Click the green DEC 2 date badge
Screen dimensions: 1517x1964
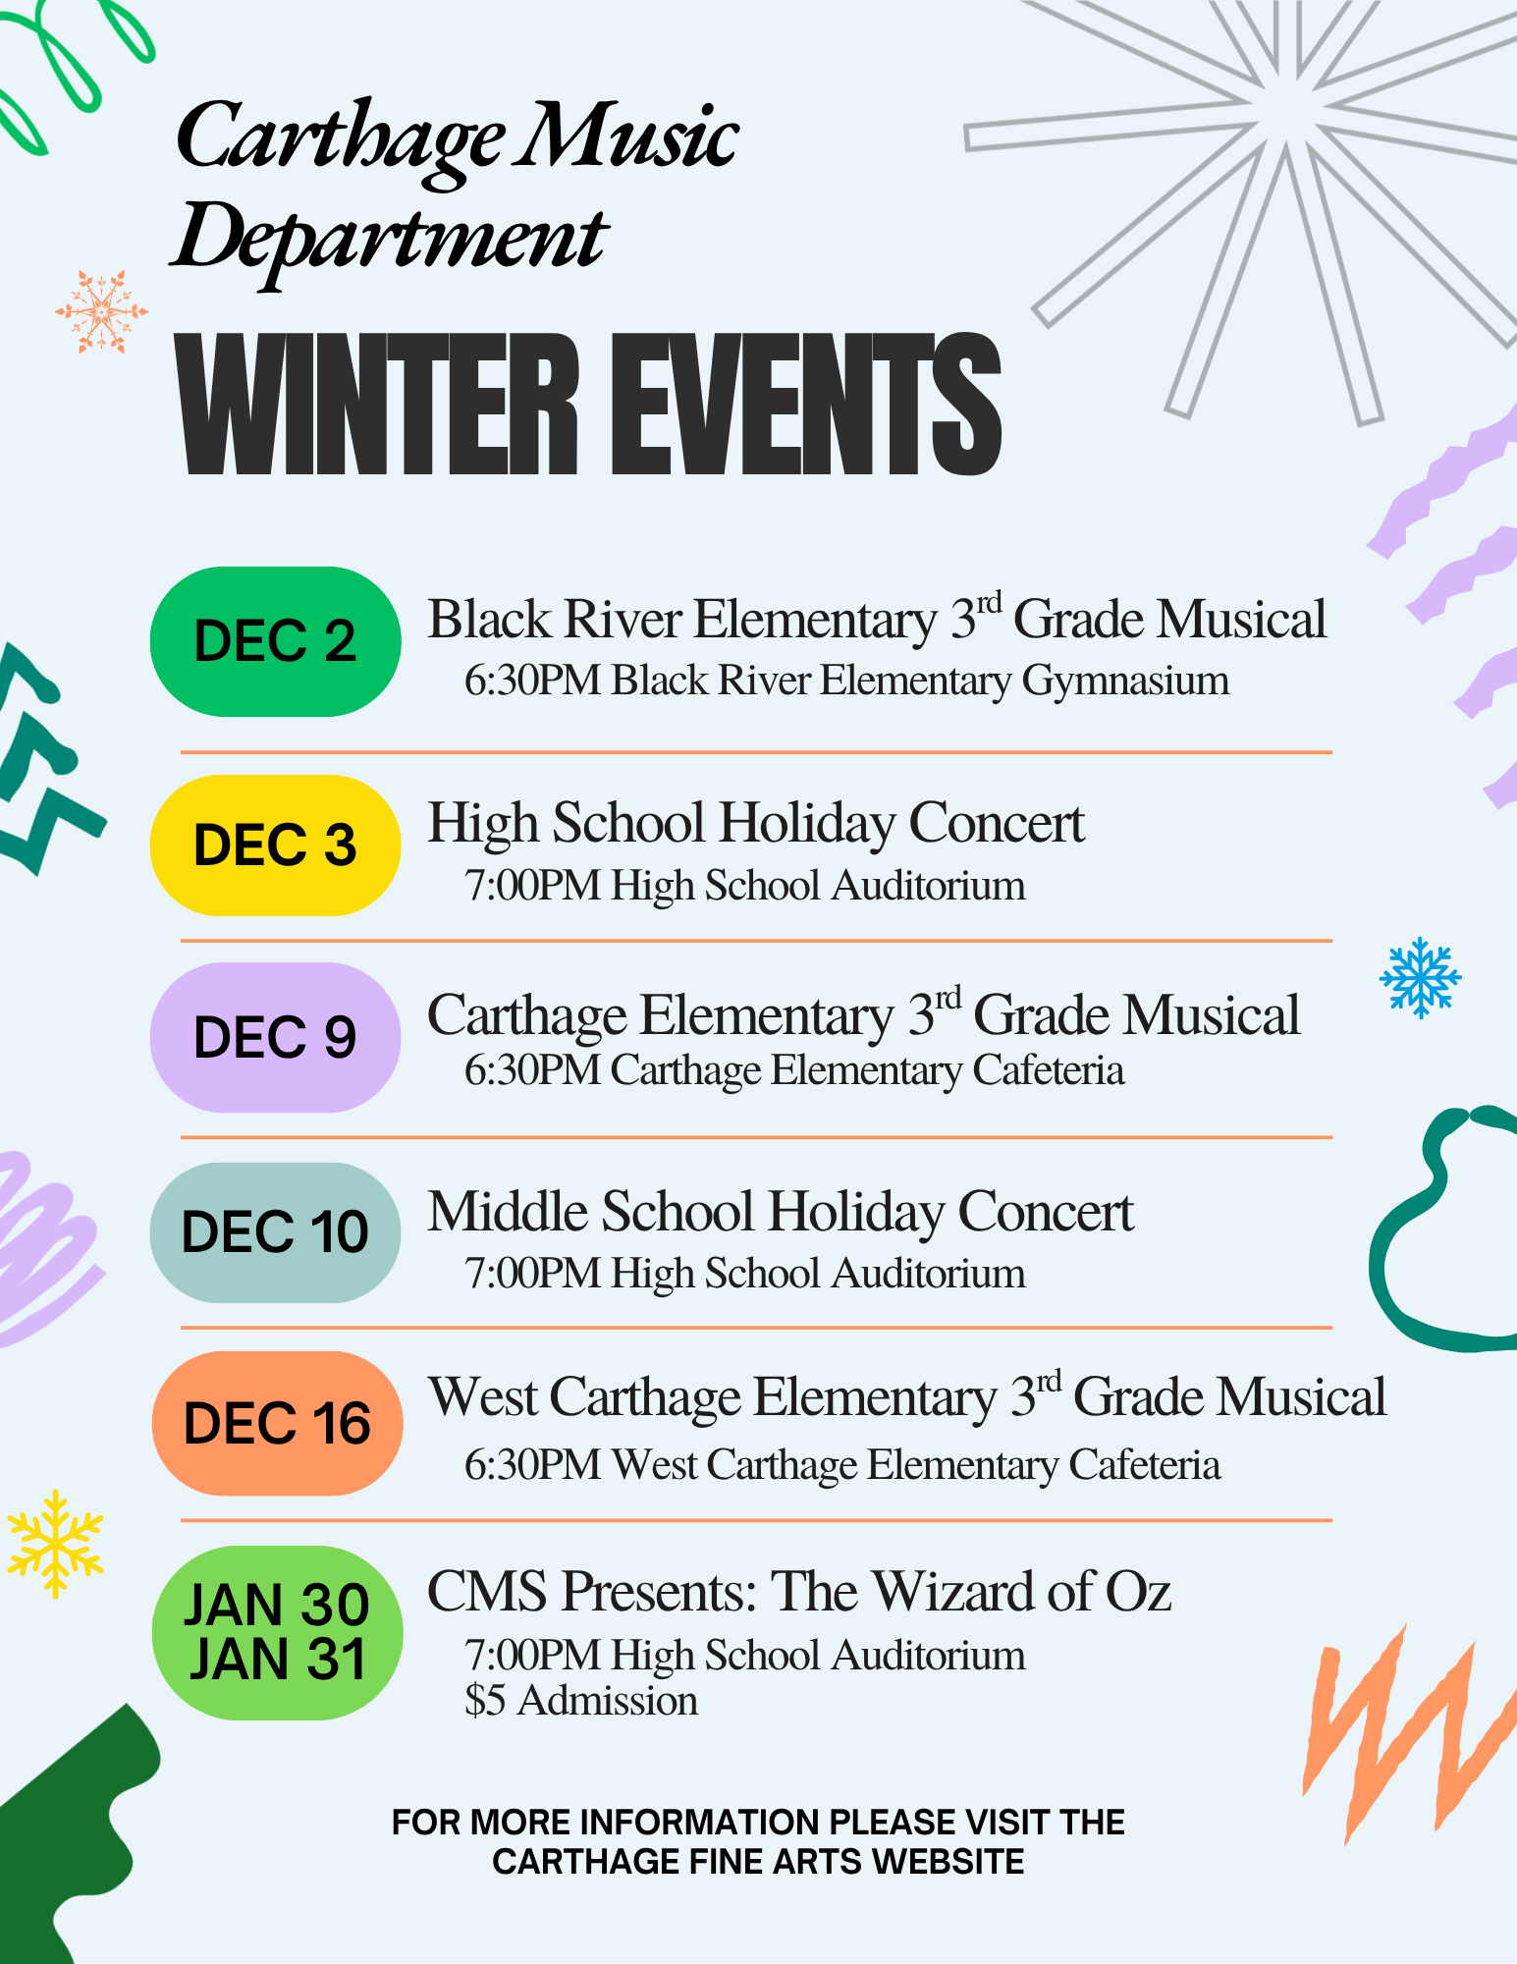click(x=275, y=641)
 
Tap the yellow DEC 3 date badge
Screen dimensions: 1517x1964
click(x=275, y=846)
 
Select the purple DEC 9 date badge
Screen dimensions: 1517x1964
click(x=275, y=1038)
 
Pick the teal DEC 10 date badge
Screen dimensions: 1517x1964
click(x=275, y=1232)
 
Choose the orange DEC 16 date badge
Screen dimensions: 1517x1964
click(x=277, y=1424)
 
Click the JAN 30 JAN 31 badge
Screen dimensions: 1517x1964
click(x=277, y=1633)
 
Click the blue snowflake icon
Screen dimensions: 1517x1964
click(x=1420, y=977)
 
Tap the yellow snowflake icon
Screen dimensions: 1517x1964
click(x=55, y=1544)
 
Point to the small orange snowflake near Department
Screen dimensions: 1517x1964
click(x=101, y=312)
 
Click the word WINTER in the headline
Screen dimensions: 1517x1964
click(x=377, y=405)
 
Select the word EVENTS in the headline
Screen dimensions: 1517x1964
click(x=806, y=405)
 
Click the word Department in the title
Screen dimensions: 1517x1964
click(x=390, y=239)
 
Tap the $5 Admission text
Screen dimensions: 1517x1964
click(x=581, y=1701)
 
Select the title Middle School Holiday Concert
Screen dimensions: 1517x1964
click(x=781, y=1212)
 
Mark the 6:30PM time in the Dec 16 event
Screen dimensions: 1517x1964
click(x=532, y=1465)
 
